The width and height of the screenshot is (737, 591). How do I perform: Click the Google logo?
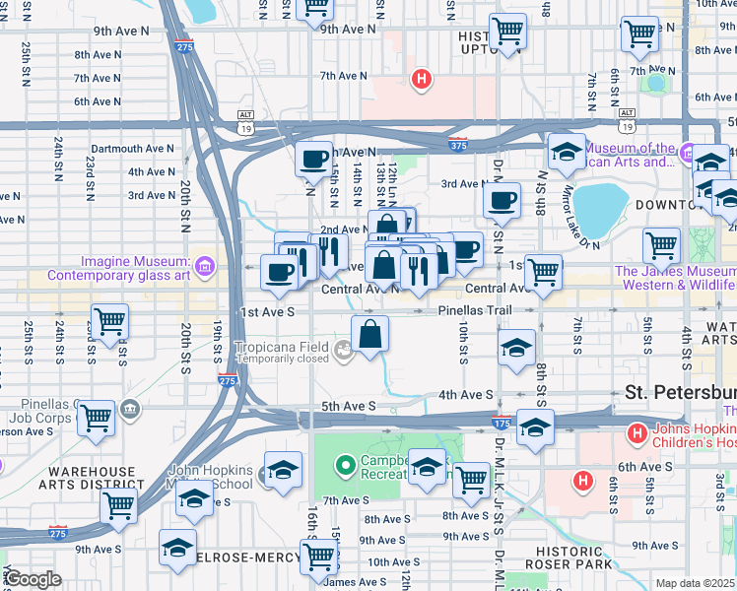pyautogui.click(x=33, y=579)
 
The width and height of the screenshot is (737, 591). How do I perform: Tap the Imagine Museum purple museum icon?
pyautogui.click(x=204, y=265)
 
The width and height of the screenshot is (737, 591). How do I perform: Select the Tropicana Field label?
pyautogui.click(x=286, y=347)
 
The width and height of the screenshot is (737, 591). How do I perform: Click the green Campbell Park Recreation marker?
pyautogui.click(x=344, y=463)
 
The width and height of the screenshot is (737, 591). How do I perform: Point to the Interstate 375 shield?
pyautogui.click(x=459, y=145)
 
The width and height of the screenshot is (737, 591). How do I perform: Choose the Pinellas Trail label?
pyautogui.click(x=477, y=310)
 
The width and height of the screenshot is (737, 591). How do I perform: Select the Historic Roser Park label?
pyautogui.click(x=569, y=558)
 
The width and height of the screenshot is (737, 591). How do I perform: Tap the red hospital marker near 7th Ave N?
pyautogui.click(x=422, y=78)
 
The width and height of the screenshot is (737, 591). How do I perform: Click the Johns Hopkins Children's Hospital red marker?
pyautogui.click(x=636, y=431)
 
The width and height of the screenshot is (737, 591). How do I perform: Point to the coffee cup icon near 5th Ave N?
pyautogui.click(x=315, y=159)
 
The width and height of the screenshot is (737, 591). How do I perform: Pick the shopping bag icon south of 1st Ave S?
pyautogui.click(x=370, y=333)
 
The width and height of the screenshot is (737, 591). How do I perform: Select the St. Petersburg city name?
pyautogui.click(x=680, y=392)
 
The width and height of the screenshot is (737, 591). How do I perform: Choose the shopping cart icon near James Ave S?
pyautogui.click(x=318, y=558)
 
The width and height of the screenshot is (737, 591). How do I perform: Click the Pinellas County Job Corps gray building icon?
pyautogui.click(x=130, y=408)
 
